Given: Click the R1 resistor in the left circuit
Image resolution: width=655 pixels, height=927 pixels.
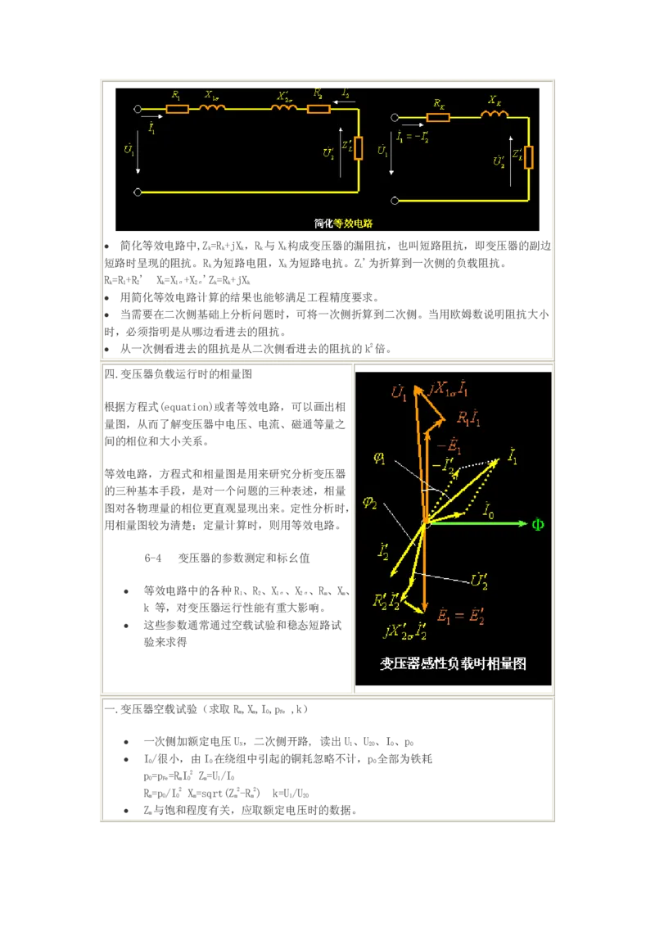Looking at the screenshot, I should [x=177, y=108].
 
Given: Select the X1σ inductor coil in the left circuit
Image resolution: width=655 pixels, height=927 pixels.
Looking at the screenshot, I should [x=214, y=107].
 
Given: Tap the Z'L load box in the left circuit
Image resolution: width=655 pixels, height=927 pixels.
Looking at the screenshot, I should [x=358, y=148].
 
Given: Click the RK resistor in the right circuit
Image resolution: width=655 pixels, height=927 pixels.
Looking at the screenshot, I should [x=438, y=117].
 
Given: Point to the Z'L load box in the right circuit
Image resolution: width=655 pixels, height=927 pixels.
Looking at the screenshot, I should [x=529, y=156].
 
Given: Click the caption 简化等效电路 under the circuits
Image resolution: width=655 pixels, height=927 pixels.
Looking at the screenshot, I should [x=343, y=223].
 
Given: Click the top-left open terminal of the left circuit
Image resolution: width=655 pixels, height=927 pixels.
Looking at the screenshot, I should [x=138, y=108].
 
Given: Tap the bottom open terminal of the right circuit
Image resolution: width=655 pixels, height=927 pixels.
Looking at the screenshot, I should [x=395, y=200].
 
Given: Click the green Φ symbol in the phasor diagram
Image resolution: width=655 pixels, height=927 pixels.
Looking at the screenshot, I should [x=538, y=524].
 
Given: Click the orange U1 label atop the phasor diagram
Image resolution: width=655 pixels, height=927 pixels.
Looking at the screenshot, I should [x=399, y=394].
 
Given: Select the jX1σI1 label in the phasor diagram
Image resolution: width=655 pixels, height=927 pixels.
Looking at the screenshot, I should [x=449, y=389].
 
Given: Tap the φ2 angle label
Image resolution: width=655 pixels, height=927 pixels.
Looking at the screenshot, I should [x=371, y=503].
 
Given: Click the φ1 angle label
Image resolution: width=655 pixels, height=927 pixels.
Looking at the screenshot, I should [x=379, y=459].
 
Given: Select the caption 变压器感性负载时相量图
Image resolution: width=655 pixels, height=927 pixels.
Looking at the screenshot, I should [x=453, y=663].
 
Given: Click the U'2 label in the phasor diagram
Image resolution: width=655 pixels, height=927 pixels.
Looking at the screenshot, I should [x=480, y=581].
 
